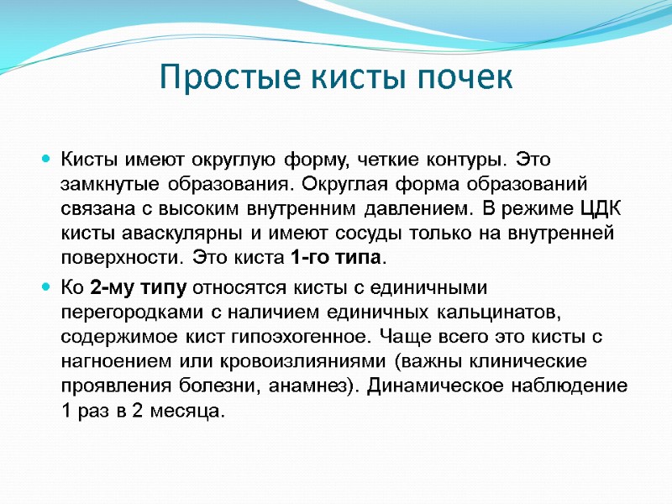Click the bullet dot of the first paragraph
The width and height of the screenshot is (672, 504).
pos(46,159)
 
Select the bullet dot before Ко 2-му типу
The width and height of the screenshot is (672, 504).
pos(46,288)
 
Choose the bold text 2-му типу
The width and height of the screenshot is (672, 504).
pos(139,288)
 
